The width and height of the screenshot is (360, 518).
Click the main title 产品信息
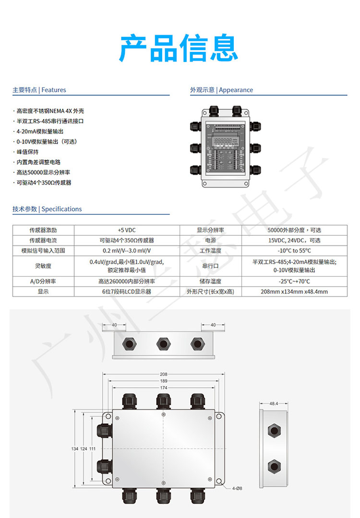[179, 49]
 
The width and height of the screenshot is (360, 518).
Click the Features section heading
[39, 90]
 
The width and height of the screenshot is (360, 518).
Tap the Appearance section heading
[221, 90]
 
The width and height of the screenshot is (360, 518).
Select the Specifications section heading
[47, 209]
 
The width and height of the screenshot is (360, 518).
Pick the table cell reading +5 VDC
[127, 230]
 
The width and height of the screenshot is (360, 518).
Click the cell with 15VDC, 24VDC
[294, 240]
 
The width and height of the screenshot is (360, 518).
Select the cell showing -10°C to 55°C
[294, 251]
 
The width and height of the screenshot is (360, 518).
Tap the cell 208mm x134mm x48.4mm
[294, 291]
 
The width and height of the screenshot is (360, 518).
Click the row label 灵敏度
[43, 265]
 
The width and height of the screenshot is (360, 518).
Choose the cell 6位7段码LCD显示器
[127, 291]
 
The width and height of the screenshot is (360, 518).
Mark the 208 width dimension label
[164, 374]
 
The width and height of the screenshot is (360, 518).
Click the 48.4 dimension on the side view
[274, 404]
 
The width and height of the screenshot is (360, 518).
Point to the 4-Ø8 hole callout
[237, 488]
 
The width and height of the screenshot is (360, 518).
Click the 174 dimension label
[164, 387]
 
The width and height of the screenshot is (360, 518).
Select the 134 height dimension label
[74, 448]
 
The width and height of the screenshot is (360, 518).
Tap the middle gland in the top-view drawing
[163, 343]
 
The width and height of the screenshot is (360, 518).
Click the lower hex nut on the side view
[274, 465]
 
